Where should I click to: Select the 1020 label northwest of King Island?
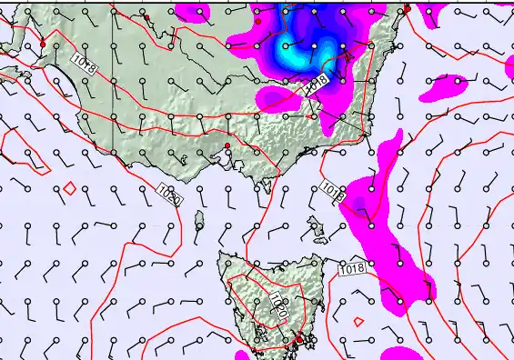(168, 193)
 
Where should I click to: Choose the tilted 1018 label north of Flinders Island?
(333, 191)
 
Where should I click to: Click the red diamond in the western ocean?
(69, 188)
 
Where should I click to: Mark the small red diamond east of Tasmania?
(358, 321)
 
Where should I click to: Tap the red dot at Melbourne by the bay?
(227, 146)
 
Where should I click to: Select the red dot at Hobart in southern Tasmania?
(297, 339)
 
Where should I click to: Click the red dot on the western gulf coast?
(42, 44)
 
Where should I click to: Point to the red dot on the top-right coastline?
(407, 9)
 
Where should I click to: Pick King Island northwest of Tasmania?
(200, 219)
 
